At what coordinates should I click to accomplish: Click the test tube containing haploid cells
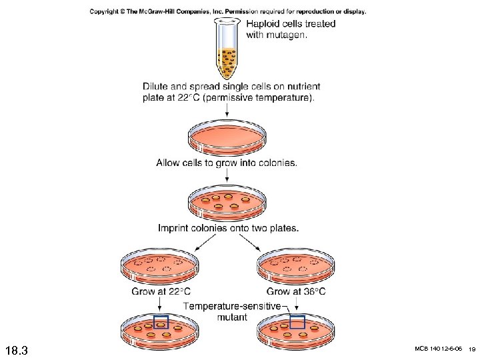click(227, 50)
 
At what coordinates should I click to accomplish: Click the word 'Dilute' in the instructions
click(157, 86)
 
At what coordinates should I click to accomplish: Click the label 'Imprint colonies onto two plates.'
click(228, 228)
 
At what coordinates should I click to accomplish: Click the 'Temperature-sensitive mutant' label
click(228, 311)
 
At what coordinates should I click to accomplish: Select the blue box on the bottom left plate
click(161, 323)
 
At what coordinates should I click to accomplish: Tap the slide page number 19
click(471, 349)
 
